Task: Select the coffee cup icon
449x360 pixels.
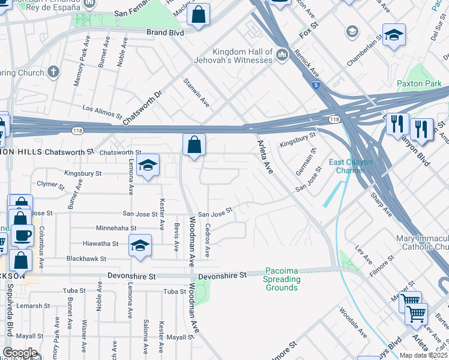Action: pyautogui.click(x=23, y=235)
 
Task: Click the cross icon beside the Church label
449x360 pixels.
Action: pyautogui.click(x=53, y=73)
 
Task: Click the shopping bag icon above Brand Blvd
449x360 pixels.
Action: pyautogui.click(x=198, y=14)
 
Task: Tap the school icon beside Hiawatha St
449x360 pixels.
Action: pyautogui.click(x=140, y=245)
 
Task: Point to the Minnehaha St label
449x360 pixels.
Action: pyautogui.click(x=116, y=228)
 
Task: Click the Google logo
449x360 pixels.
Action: pyautogui.click(x=20, y=353)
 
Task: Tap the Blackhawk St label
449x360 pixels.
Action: pyautogui.click(x=86, y=259)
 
